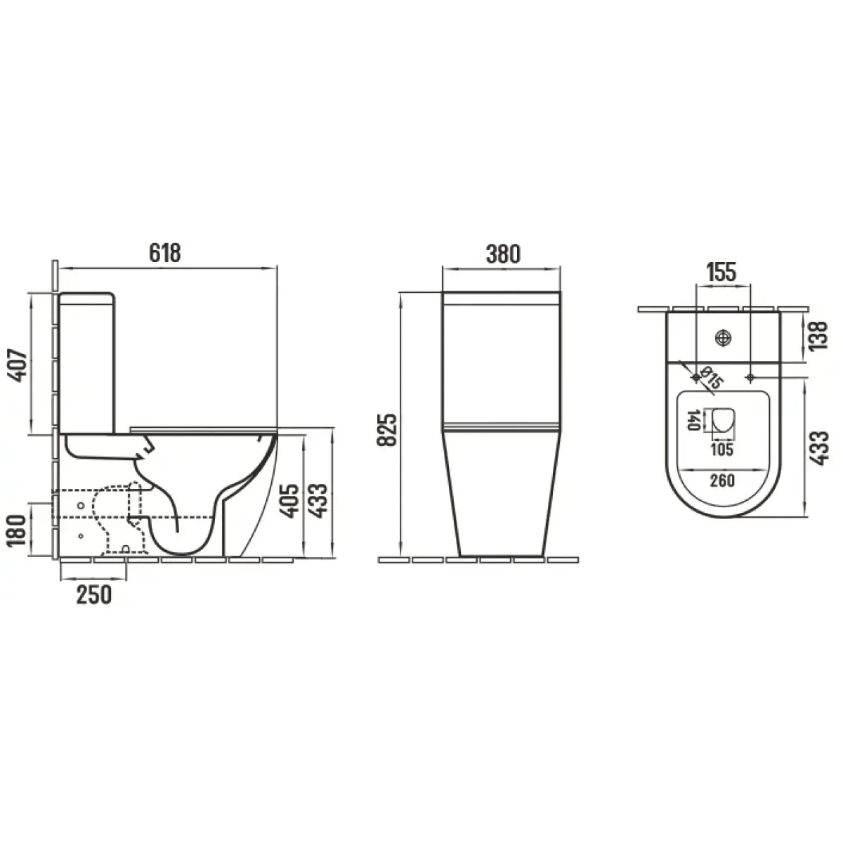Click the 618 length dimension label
tap(165, 253)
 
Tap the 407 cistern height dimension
tap(18, 365)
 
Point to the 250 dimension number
tap(94, 595)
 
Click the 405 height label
tap(289, 501)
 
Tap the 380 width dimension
tap(503, 254)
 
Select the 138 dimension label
tap(818, 336)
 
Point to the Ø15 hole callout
tap(710, 377)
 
